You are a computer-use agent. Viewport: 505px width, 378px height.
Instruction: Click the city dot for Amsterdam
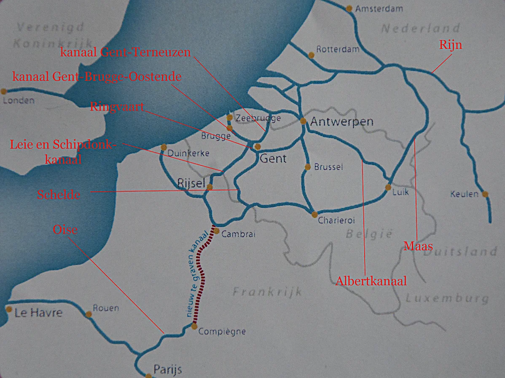349,8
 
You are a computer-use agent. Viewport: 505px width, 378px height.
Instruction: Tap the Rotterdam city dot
311,55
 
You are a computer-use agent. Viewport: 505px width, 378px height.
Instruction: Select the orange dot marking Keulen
485,194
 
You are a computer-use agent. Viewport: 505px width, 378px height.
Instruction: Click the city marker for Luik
388,187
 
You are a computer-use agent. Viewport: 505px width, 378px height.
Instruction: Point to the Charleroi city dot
314,214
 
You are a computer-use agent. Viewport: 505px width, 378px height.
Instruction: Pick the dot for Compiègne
194,326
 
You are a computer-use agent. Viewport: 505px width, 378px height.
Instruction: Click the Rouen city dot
89,314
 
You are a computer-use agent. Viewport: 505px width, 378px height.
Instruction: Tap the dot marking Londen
4,91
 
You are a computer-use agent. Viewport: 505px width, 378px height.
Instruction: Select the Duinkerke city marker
164,147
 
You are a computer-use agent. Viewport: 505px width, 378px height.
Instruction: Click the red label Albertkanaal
371,281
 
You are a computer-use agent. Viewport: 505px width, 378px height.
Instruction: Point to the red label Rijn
450,45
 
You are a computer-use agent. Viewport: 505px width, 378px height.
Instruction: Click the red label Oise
65,230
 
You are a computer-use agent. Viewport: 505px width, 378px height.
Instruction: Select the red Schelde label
58,195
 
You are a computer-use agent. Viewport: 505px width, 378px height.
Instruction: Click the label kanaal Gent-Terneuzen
126,52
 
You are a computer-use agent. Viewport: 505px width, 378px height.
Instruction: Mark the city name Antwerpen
342,122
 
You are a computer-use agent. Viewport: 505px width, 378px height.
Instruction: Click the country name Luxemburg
447,299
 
